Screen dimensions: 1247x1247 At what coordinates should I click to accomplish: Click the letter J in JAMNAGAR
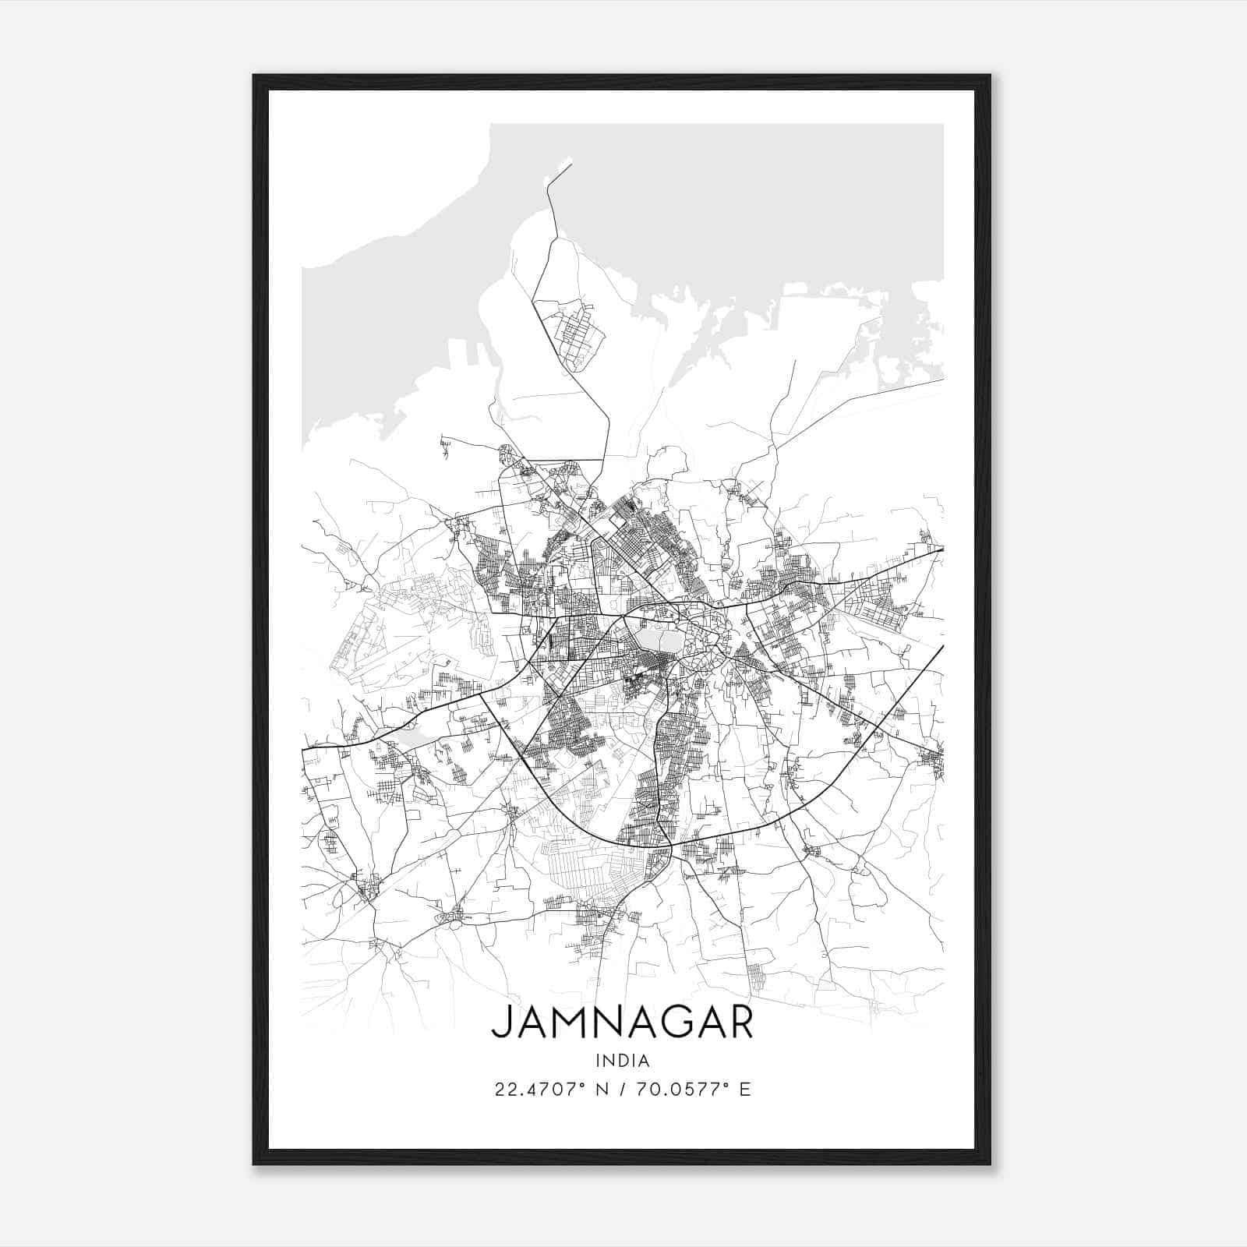(x=503, y=1023)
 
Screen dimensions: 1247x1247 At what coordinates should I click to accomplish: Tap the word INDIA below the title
(x=622, y=1061)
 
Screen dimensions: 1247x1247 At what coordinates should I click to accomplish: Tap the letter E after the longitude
(x=745, y=1090)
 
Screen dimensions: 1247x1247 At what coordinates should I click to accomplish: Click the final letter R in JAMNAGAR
(x=740, y=1023)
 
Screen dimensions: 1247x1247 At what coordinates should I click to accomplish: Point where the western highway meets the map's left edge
(x=303, y=748)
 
